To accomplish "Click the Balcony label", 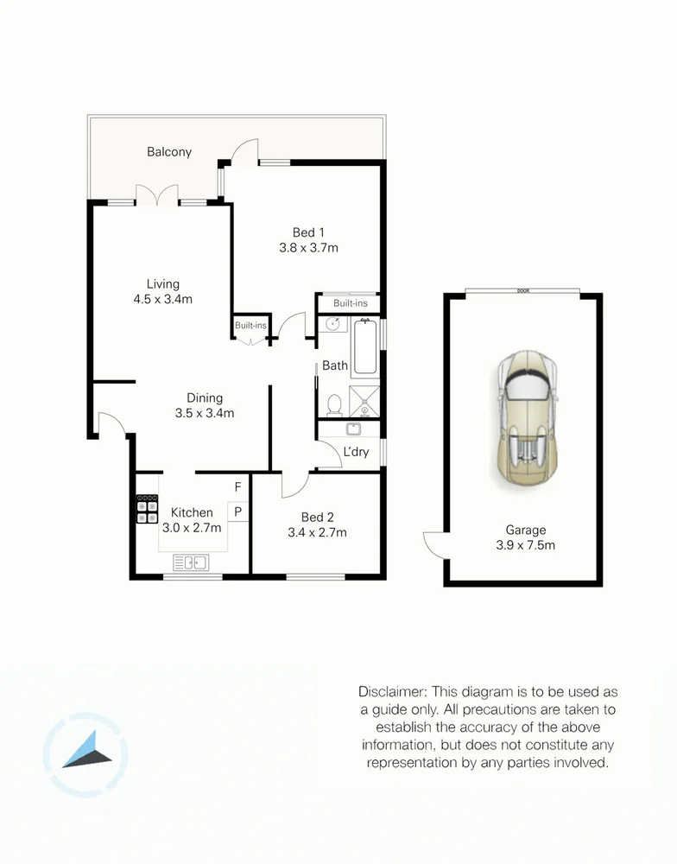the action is pyautogui.click(x=169, y=152).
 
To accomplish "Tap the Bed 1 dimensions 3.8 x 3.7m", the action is pyautogui.click(x=308, y=248).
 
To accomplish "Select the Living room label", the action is pyautogui.click(x=163, y=284).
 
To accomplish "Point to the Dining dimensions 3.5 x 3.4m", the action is pyautogui.click(x=205, y=413).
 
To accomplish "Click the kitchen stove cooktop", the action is pyautogui.click(x=147, y=509).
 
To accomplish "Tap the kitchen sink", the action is pyautogui.click(x=191, y=562).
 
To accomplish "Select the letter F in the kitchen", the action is pyautogui.click(x=238, y=487).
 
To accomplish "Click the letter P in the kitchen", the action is pyautogui.click(x=238, y=511).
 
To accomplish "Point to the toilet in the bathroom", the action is pyautogui.click(x=334, y=405).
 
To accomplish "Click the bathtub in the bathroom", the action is pyautogui.click(x=365, y=347).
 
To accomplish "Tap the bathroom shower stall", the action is pyautogui.click(x=364, y=402).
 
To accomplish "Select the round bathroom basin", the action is pyautogui.click(x=332, y=323).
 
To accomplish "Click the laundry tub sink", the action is pyautogui.click(x=353, y=429).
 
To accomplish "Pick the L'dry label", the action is pyautogui.click(x=356, y=452).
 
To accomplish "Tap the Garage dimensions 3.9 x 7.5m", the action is pyautogui.click(x=526, y=545).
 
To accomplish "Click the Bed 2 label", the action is pyautogui.click(x=317, y=518).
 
